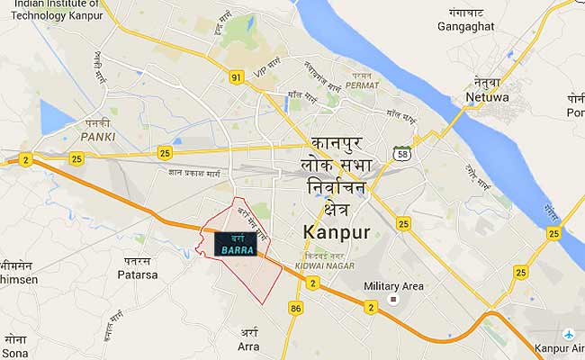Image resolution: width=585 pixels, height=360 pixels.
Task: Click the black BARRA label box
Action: [234, 243]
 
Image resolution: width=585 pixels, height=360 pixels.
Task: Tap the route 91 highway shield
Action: [237, 77]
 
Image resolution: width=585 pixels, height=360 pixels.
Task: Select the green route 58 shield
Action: [402, 154]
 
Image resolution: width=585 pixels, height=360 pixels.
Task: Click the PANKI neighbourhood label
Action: [97, 137]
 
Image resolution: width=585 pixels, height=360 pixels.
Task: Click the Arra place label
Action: [248, 346]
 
